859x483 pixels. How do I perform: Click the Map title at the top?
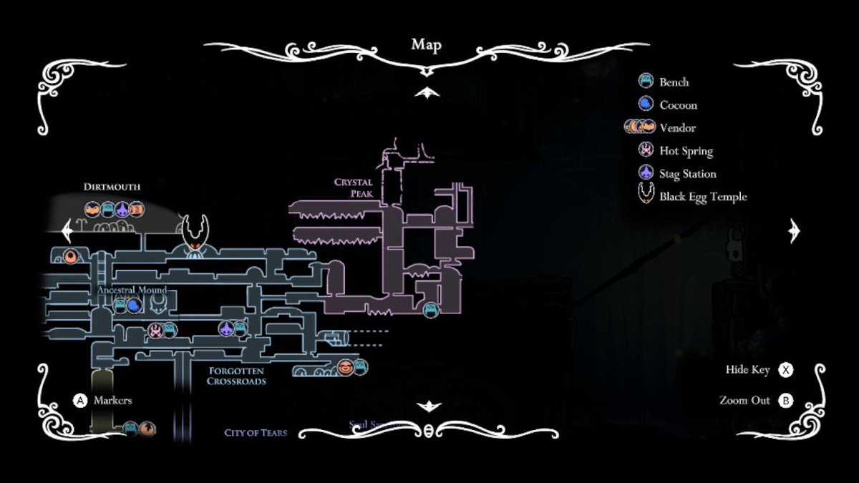point(426,45)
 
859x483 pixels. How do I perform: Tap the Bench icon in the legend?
point(646,82)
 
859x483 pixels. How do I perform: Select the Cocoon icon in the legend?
point(646,104)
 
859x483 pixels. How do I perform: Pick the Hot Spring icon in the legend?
point(646,150)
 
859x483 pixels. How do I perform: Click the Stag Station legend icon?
point(646,173)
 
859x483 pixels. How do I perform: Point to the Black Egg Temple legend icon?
point(646,195)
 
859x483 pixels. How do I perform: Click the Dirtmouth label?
point(112,187)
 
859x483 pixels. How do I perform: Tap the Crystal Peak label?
point(353,187)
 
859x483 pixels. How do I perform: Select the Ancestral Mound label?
point(132,290)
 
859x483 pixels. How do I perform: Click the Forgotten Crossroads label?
point(236,376)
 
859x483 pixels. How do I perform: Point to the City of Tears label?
point(256,433)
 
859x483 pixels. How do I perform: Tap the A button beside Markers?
point(80,401)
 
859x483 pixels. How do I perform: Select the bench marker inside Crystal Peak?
point(431,310)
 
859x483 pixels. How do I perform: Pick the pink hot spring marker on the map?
point(155,330)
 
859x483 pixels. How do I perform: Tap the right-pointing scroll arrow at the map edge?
point(793,230)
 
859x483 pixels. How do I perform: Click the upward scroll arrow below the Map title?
point(427,92)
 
